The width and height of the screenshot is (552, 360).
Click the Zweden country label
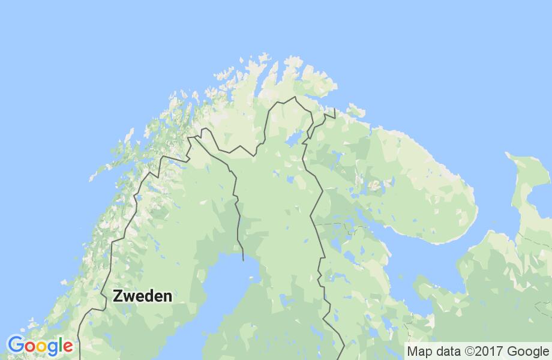click(x=142, y=296)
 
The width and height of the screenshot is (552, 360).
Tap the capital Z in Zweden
click(x=118, y=296)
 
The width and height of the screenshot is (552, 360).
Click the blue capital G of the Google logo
click(x=16, y=346)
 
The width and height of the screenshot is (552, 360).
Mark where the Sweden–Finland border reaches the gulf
click(x=242, y=260)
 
